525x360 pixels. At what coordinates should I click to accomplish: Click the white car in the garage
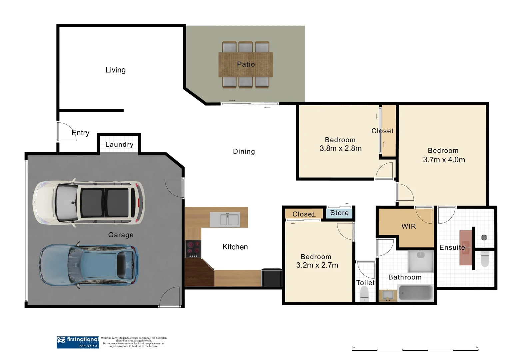[x=89, y=202]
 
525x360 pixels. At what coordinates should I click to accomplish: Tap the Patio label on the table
[x=246, y=64]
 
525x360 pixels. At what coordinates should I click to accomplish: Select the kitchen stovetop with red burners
[x=193, y=249]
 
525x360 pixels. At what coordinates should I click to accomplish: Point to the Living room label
[x=116, y=70]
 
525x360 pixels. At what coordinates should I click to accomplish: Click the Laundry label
[x=119, y=145]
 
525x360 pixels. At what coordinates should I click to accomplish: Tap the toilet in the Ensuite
[x=485, y=259]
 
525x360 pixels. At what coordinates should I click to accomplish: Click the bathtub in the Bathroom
[x=415, y=293]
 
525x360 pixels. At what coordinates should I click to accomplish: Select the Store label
[x=339, y=213]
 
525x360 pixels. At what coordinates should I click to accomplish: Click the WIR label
[x=409, y=226]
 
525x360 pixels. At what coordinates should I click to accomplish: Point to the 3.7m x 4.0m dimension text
[x=444, y=160]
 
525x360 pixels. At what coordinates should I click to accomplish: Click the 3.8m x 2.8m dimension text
[x=340, y=148]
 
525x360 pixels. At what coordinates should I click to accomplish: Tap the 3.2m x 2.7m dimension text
[x=317, y=265]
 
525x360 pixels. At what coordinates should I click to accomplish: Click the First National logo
[x=78, y=342]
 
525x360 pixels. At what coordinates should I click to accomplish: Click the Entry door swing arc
[x=67, y=130]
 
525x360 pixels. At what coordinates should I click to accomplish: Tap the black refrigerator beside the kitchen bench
[x=271, y=277]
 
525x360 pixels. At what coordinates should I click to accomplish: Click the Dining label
[x=244, y=152]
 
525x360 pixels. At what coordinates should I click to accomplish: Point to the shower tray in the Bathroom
[x=420, y=261]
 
